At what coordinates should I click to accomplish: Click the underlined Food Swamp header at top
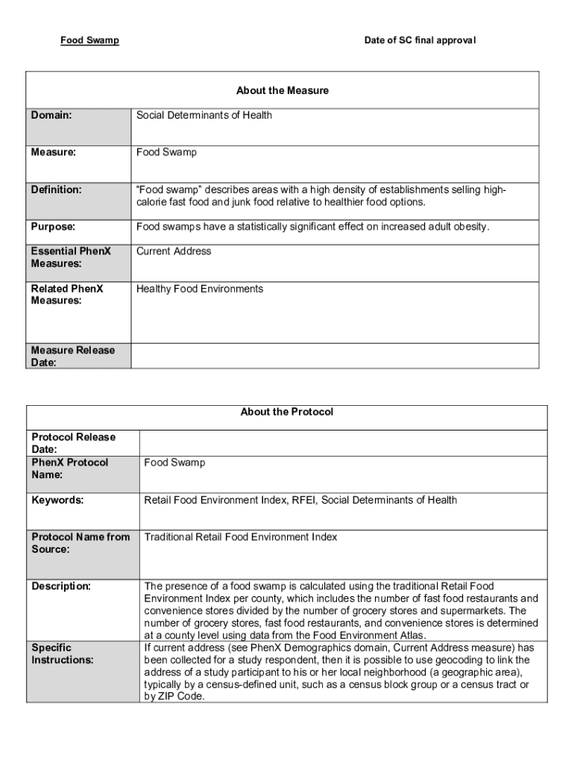89,40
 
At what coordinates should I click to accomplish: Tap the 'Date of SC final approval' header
420,40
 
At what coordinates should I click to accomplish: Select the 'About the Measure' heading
283,91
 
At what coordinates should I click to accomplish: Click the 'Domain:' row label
51,116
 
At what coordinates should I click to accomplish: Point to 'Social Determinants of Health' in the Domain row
204,116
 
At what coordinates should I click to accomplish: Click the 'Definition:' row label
56,190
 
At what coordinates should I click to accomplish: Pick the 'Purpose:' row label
53,227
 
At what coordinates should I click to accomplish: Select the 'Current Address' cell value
174,251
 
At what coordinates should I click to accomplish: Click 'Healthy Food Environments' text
200,289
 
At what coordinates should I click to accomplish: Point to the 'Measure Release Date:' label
73,356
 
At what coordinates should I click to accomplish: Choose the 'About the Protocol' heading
287,412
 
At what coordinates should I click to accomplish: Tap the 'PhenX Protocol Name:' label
69,469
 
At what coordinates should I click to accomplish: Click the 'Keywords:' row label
57,500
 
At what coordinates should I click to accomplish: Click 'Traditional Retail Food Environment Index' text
240,537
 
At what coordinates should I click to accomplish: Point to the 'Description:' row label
61,586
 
